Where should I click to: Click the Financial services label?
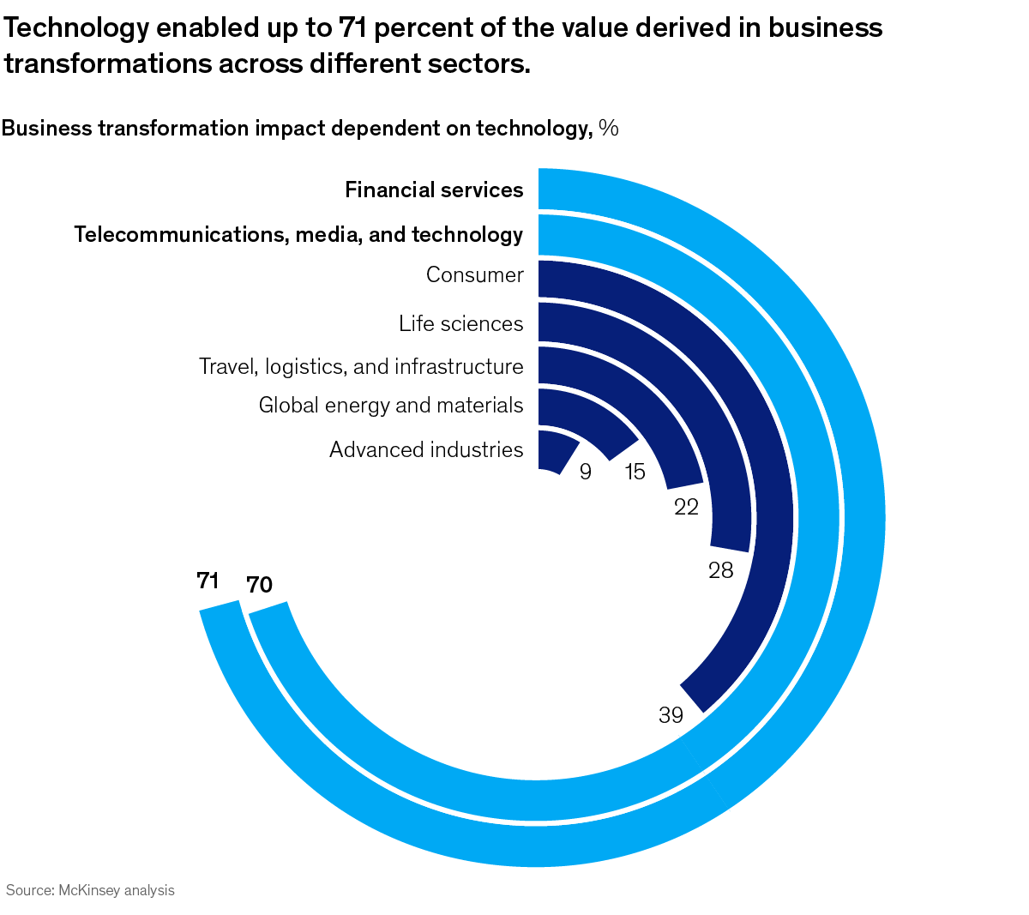tap(434, 190)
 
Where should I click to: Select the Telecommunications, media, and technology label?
tap(298, 234)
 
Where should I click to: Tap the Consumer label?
tap(474, 275)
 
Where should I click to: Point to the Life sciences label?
tap(460, 323)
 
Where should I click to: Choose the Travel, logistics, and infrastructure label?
tap(361, 366)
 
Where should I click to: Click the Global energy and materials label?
tap(391, 405)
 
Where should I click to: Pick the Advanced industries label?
tap(426, 449)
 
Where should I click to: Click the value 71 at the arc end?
tap(208, 581)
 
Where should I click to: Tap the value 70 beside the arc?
tap(259, 585)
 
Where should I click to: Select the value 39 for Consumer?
tap(671, 714)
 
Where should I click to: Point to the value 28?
tap(720, 569)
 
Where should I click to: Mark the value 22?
tap(686, 507)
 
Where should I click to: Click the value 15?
tap(635, 471)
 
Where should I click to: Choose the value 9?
tap(586, 472)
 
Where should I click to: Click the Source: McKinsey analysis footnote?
tap(90, 890)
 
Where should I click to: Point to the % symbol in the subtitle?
tap(609, 128)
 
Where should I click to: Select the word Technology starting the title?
tap(76, 27)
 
